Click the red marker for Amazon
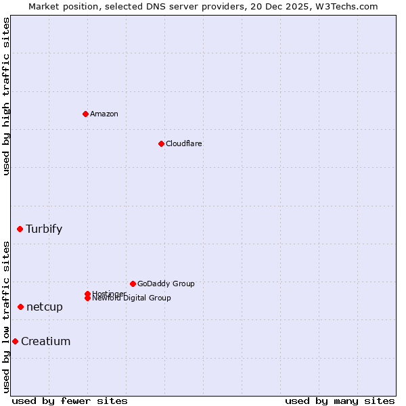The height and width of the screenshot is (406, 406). [85, 114]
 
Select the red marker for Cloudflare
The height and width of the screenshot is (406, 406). [161, 143]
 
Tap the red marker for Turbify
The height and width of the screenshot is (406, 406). [20, 229]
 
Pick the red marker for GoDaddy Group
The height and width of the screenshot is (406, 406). [133, 284]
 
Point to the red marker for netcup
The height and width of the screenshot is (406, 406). [21, 307]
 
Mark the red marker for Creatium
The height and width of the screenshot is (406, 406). [15, 341]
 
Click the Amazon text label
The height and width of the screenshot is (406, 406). [104, 114]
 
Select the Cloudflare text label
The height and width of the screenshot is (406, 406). [184, 143]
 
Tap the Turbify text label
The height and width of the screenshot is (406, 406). [44, 229]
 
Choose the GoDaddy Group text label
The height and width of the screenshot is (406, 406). [166, 284]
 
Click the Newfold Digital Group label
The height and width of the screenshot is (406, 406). [132, 298]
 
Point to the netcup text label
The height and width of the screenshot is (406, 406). [45, 307]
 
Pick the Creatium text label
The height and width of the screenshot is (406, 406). [46, 341]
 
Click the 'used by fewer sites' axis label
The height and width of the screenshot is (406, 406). [70, 401]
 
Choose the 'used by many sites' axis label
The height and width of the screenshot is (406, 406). [340, 401]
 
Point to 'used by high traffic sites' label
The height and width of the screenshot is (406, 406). [6, 96]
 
